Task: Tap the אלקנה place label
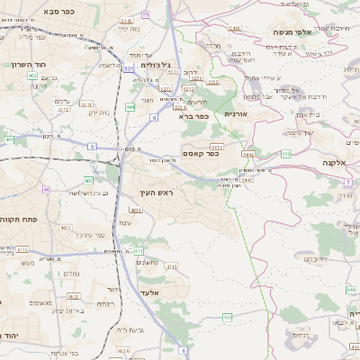[x=333, y=164]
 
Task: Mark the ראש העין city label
[x=155, y=193]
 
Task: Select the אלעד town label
[x=149, y=292]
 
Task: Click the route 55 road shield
[x=145, y=15]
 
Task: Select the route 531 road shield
[x=129, y=68]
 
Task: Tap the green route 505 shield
[x=286, y=154]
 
